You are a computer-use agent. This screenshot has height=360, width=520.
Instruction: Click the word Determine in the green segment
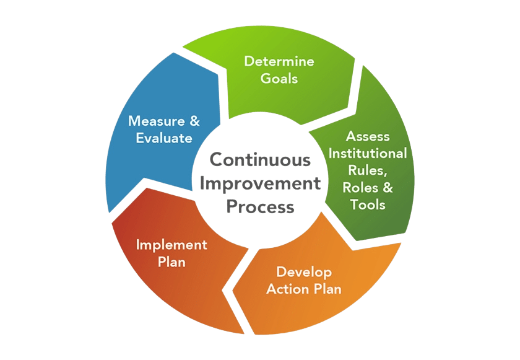(x=279, y=61)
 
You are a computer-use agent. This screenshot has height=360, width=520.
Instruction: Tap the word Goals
(x=279, y=79)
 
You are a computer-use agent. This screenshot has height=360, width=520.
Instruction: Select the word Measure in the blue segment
(x=157, y=121)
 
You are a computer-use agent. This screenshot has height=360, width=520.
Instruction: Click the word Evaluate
(x=164, y=138)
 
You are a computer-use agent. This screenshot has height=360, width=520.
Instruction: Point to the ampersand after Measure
(x=194, y=121)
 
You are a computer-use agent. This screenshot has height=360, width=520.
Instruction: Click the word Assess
(x=368, y=136)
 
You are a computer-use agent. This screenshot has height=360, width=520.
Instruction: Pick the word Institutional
(x=368, y=153)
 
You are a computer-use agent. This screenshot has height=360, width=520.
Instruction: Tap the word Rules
(x=366, y=170)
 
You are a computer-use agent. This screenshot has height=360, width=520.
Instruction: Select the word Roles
(x=360, y=188)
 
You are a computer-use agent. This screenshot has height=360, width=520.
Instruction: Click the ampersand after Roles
(x=388, y=188)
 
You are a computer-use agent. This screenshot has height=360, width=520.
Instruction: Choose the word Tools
(x=368, y=204)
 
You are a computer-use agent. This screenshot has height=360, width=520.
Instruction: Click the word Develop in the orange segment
(x=304, y=273)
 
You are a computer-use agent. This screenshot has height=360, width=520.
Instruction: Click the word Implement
(x=172, y=245)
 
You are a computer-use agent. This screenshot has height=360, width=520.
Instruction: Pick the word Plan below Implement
(x=171, y=262)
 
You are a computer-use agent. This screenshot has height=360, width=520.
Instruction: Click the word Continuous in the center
(x=261, y=160)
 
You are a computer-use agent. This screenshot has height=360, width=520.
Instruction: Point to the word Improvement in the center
(x=261, y=184)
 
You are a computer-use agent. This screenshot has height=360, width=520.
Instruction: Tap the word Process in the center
(x=261, y=207)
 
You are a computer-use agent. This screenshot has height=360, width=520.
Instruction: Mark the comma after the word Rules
(x=385, y=175)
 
